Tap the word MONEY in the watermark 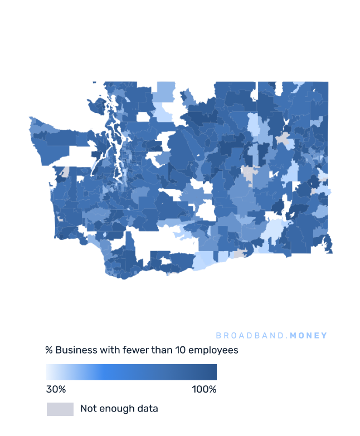pos(309,336)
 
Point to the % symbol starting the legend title pos(49,350)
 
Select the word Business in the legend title pos(76,350)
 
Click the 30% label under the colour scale pos(56,389)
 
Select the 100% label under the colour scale pos(204,389)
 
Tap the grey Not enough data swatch pos(60,409)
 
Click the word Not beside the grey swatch pos(88,409)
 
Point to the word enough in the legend pos(115,409)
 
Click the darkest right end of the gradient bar pos(214,372)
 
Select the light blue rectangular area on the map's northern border pos(166,92)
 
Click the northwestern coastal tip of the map pos(32,119)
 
